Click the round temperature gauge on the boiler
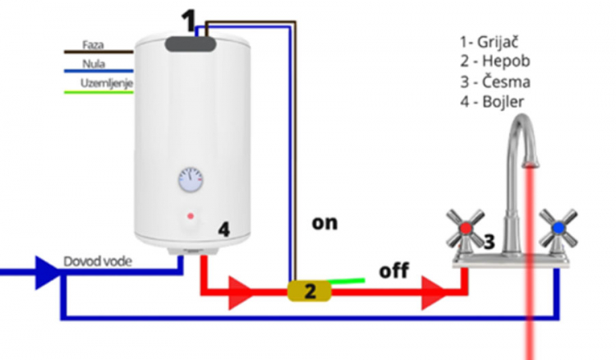191,179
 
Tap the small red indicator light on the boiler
191,216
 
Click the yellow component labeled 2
309,290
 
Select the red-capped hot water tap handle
466,227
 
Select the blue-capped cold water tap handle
558,227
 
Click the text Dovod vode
96,262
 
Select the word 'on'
324,222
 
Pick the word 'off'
394,270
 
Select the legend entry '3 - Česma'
494,82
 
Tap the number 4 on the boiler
223,229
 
